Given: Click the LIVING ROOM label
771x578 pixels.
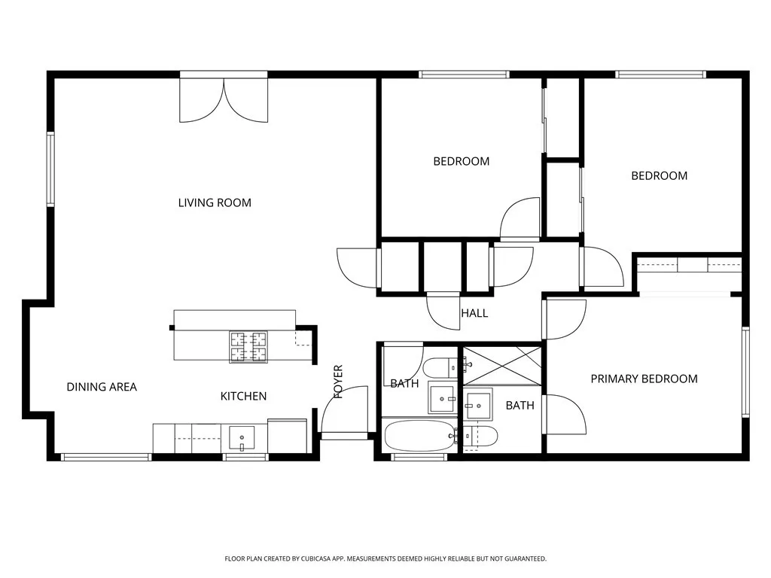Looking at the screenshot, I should (215, 202).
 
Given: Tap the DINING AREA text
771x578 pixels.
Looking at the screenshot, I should (102, 387).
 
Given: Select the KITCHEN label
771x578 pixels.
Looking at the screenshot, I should (243, 396).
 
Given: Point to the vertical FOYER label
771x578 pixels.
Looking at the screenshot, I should (338, 382).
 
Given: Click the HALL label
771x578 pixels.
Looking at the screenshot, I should (474, 313).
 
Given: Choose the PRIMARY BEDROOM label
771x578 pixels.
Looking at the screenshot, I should (644, 379).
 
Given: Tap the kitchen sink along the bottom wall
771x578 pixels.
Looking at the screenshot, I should (242, 437).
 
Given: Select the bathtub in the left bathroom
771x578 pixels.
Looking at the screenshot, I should (418, 436).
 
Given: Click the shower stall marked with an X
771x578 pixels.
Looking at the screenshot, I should (501, 367).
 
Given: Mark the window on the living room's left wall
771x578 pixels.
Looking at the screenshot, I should (50, 169).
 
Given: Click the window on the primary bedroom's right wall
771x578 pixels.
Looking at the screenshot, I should (745, 372).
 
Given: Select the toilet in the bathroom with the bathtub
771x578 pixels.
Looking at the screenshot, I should (440, 368).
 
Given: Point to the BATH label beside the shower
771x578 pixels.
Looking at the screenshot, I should (520, 406).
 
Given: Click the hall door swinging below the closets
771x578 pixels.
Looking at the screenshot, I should (442, 310).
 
